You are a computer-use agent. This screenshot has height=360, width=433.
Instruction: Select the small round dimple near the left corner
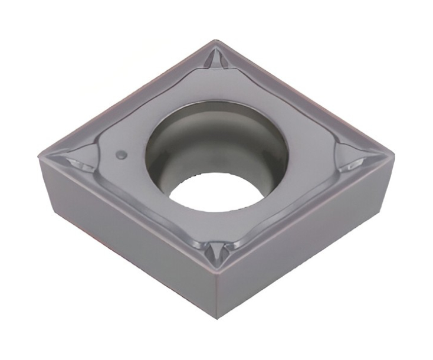coord(122,155)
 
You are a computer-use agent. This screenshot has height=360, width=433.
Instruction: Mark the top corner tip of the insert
coord(216,41)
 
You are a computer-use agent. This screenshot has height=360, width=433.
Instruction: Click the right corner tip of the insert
coord(392,155)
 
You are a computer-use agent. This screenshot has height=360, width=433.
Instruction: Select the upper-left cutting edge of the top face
coord(127,97)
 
